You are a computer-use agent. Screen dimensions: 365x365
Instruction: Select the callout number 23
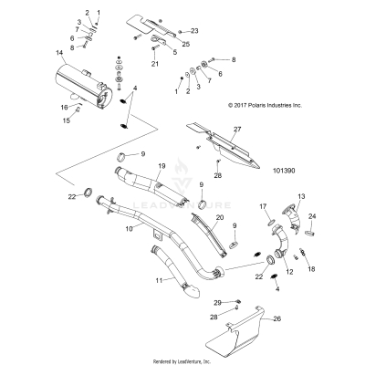click(x=193, y=31)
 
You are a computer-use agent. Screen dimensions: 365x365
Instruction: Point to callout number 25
click(x=186, y=44)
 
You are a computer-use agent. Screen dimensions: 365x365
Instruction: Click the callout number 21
click(x=155, y=65)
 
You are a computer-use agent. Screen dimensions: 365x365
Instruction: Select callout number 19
click(x=161, y=165)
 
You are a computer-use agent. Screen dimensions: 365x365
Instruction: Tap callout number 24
click(x=312, y=216)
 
